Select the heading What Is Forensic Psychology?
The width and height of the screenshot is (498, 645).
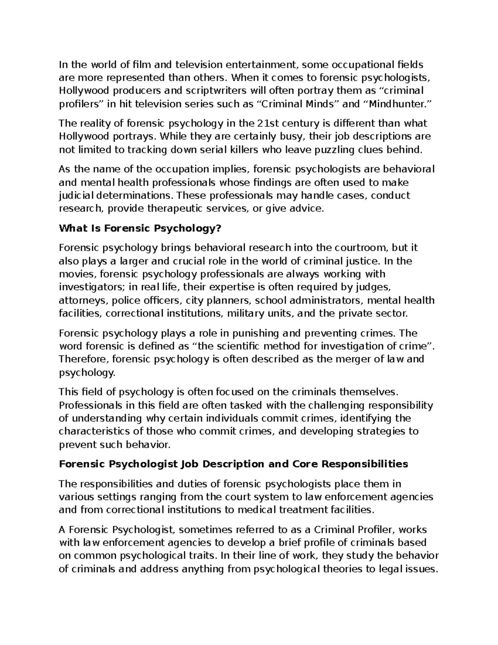pos(141,228)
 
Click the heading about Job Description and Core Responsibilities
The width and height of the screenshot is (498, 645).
pos(234,464)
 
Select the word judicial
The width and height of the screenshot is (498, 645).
pos(76,196)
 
